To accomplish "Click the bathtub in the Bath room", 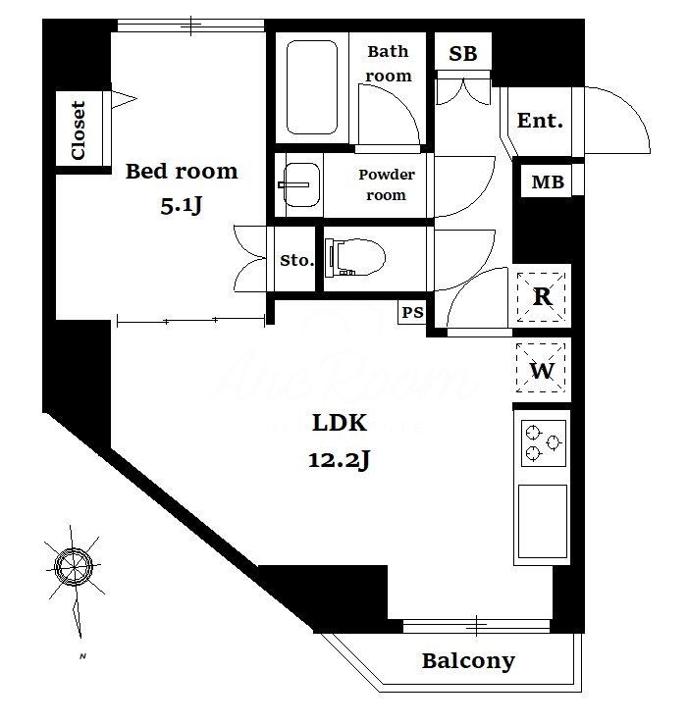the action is [x=312, y=87].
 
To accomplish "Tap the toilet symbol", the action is [x=354, y=257].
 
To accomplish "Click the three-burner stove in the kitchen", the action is [x=544, y=442].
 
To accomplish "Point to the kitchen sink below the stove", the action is [x=543, y=522].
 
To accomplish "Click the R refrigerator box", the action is [x=541, y=297].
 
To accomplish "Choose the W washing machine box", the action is [x=541, y=368].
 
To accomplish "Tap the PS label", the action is [x=412, y=313].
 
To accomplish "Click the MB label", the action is [x=548, y=181].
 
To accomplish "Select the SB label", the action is [x=462, y=54].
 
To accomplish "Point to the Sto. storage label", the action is [x=297, y=260].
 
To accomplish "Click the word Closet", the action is [x=79, y=130].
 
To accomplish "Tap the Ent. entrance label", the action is [x=540, y=121].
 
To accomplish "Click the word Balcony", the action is [x=468, y=661].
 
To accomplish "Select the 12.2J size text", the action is [x=340, y=459].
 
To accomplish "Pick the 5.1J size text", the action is [x=182, y=205].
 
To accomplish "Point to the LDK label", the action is [x=340, y=423].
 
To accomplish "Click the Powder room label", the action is [x=387, y=184].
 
